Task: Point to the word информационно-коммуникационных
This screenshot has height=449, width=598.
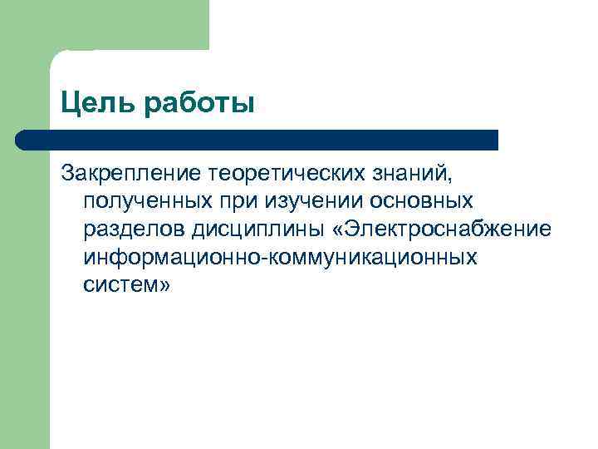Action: (x=281, y=256)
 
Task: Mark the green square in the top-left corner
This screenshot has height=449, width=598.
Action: (x=104, y=25)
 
